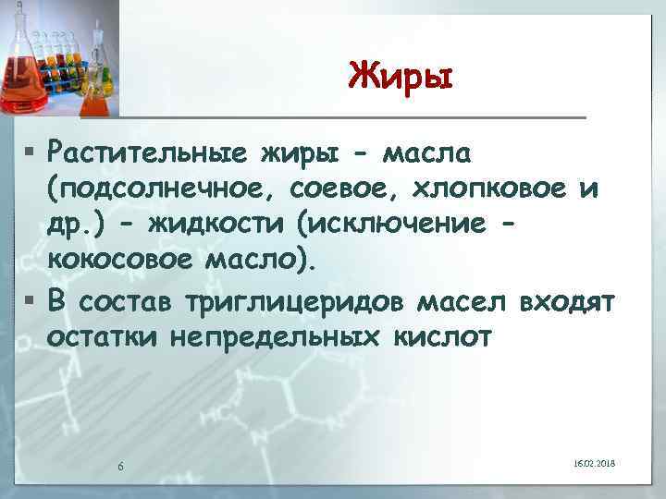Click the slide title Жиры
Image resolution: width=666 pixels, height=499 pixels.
(401, 74)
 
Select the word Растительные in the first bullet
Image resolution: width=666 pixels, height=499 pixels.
(144, 151)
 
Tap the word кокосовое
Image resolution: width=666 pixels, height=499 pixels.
(114, 263)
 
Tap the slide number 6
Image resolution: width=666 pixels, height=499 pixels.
(121, 465)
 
